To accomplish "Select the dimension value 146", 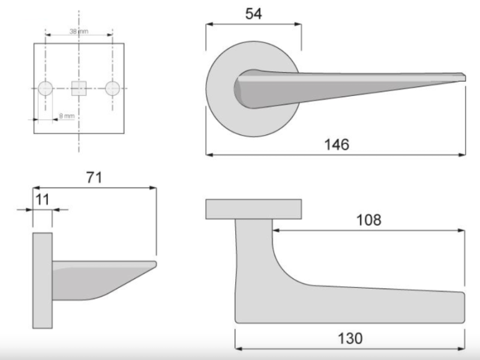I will click(x=337, y=144).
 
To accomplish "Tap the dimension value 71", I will click(x=94, y=177).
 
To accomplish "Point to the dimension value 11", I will click(x=43, y=199).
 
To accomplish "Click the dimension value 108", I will click(x=368, y=220).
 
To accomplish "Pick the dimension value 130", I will click(x=350, y=338).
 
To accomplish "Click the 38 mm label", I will click(x=79, y=31).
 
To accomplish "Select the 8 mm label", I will click(x=67, y=116).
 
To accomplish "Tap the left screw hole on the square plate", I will click(x=45, y=88).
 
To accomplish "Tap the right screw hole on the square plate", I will click(x=112, y=88).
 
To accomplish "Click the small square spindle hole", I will click(x=79, y=88).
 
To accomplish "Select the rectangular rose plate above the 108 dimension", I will click(x=253, y=209).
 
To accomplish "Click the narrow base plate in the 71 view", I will click(x=43, y=280).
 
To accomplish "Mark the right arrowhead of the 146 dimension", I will click(x=463, y=154).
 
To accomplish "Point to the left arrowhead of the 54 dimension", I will click(x=209, y=25).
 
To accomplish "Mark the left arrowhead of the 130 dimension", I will click(x=238, y=347).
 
